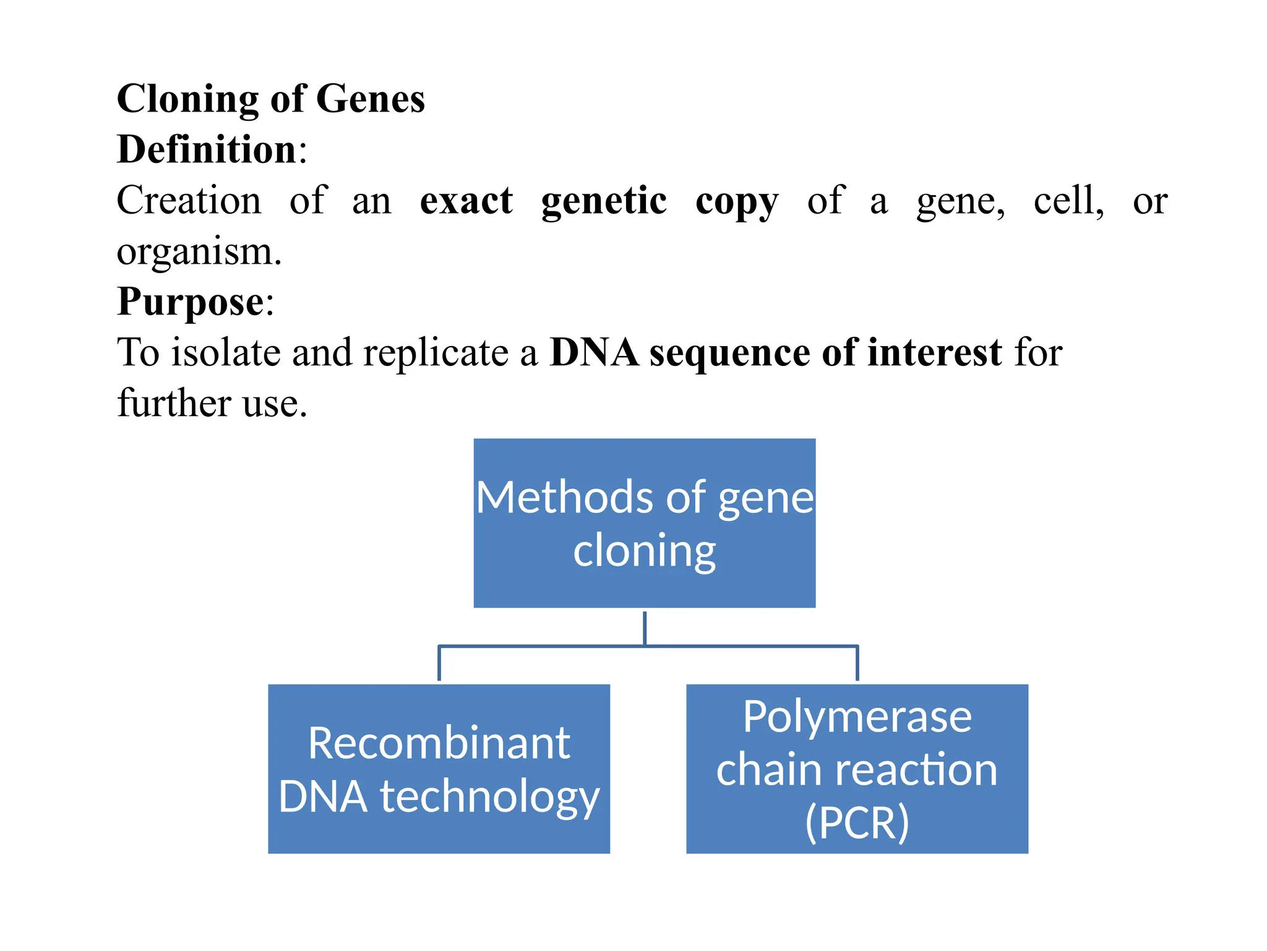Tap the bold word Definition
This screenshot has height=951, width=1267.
[x=207, y=150]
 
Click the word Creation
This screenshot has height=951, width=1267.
[x=189, y=201]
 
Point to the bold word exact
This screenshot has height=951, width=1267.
[x=466, y=201]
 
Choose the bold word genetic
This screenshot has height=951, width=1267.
[x=604, y=202]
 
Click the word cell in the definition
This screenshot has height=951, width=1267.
[x=1067, y=201]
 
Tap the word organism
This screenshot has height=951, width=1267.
[x=198, y=253]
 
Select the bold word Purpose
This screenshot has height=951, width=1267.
[x=191, y=302]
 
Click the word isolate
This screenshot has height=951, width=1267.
[x=225, y=353]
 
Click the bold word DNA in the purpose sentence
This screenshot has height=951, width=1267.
[x=594, y=353]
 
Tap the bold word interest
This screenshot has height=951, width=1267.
[x=934, y=353]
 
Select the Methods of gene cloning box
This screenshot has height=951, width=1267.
[x=644, y=523]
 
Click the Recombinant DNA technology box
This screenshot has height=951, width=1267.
[x=439, y=768]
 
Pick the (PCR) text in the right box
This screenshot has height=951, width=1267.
[x=857, y=822]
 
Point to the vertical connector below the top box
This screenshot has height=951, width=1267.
[x=645, y=628]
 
